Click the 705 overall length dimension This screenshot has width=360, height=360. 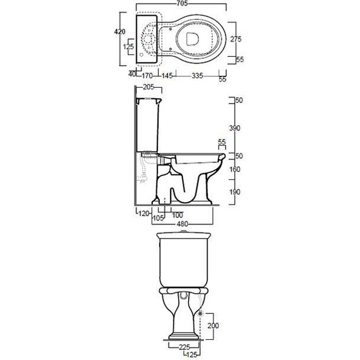pos(183,3)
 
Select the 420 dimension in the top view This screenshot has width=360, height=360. pos(120,32)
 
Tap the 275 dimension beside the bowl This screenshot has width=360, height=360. pos(236,39)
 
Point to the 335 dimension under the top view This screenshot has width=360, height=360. pos(198,76)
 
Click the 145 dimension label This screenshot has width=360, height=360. pos(167,76)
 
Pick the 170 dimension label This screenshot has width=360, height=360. pos(147,76)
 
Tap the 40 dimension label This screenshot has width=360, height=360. pos(132,74)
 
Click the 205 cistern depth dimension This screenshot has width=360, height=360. pos(148,87)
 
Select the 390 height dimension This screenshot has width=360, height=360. pos(235,128)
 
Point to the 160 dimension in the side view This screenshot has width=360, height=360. pos(235,169)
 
